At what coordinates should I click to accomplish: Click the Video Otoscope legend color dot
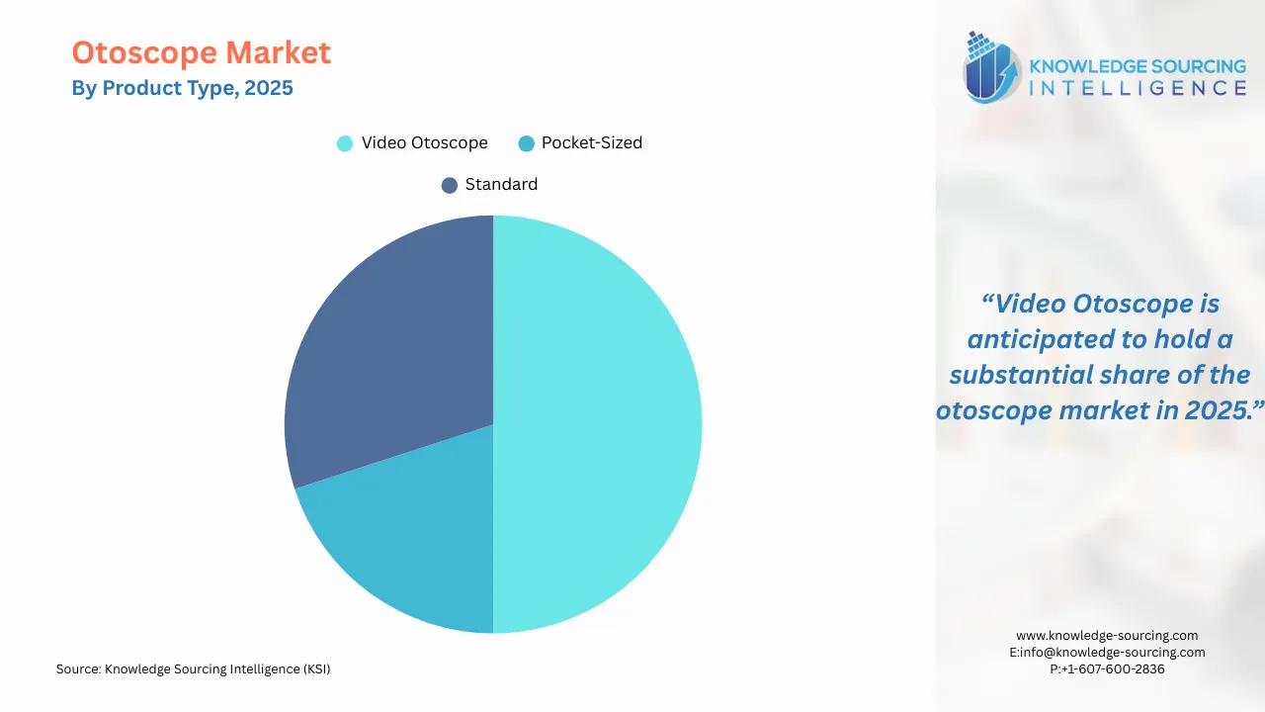point(345,143)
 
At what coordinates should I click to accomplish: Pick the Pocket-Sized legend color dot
point(526,143)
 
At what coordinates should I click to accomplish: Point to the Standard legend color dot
point(450,185)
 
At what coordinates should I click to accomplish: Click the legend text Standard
point(501,185)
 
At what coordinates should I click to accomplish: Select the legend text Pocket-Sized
point(592,143)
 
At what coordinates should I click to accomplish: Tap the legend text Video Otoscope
point(424,143)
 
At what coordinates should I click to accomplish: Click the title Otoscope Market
point(202,53)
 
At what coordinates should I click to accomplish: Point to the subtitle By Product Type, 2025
point(183,88)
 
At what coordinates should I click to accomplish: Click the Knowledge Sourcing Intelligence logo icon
point(991,67)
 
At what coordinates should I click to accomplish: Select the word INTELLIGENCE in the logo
point(1138,89)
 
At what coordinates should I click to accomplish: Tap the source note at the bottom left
point(194,669)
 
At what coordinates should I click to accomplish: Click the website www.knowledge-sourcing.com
point(1107,636)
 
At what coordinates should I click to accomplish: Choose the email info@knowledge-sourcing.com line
point(1107,653)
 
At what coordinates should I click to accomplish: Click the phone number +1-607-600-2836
point(1107,669)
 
